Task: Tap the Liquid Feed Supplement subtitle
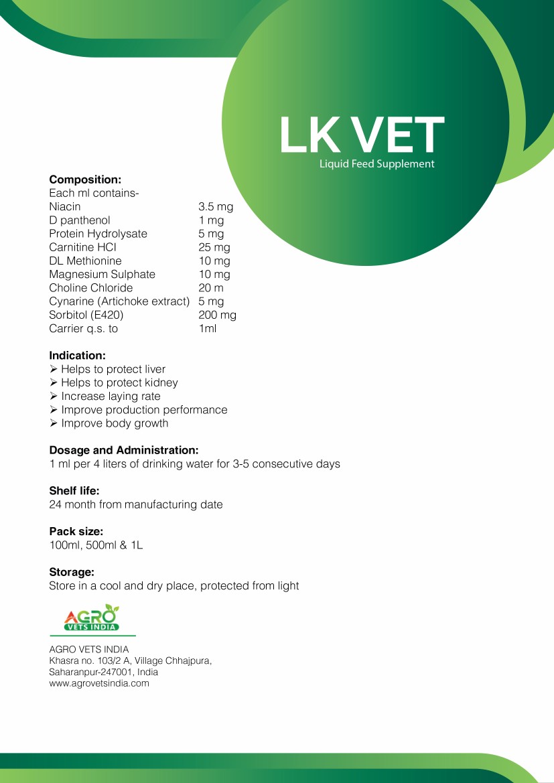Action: pos(377,164)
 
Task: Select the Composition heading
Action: pos(85,180)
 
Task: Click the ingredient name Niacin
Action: pos(65,207)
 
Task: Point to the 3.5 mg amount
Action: pos(216,207)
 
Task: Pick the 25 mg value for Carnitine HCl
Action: pos(214,247)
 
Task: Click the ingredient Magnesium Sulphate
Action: pos(102,274)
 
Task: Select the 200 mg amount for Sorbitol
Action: pos(218,315)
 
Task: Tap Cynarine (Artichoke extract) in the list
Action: pos(119,301)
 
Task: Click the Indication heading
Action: pos(77,356)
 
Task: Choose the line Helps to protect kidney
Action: pos(119,382)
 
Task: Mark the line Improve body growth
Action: pos(115,423)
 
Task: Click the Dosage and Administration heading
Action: pos(124,450)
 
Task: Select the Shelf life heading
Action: pos(74,491)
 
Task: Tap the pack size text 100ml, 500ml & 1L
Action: pos(96,545)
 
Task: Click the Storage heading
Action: pos(71,572)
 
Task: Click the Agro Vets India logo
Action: pos(92,618)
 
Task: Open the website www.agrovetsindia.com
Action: pos(99,684)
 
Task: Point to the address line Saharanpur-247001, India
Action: pos(104,672)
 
